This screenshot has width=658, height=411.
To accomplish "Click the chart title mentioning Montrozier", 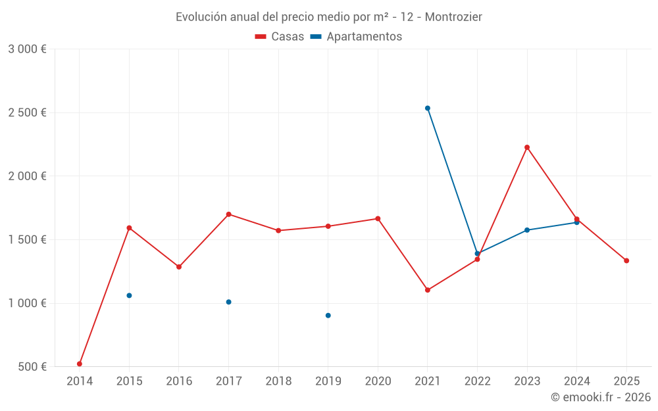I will (x=328, y=16).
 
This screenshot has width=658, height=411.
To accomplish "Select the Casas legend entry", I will (x=280, y=37).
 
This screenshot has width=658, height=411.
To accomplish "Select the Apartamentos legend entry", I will (x=356, y=37).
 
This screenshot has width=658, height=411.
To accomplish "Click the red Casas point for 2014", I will (x=80, y=364).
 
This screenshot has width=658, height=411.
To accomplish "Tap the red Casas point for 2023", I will (x=527, y=147).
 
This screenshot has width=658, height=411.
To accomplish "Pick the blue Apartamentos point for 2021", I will (x=428, y=108).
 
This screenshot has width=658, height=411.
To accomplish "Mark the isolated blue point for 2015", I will (x=129, y=295).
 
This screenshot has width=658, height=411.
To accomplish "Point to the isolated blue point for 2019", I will (x=328, y=316).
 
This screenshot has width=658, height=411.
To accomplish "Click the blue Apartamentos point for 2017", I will (x=228, y=302).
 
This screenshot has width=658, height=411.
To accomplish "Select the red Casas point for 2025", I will (x=626, y=260).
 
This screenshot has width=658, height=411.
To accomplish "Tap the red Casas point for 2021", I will (x=428, y=290).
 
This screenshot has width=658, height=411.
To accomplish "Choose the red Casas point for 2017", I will (x=228, y=214).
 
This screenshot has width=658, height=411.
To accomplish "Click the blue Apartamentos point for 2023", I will (x=527, y=230).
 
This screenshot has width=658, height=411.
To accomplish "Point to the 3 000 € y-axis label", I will (x=27, y=49).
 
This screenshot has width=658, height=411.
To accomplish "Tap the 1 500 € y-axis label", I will (x=27, y=240).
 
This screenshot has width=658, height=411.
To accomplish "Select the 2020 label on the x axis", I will (x=378, y=381).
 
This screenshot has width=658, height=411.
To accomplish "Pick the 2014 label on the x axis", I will (x=80, y=381).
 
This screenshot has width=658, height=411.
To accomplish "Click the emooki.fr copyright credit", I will (x=600, y=397).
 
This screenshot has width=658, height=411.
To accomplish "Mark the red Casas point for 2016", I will (x=179, y=267).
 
